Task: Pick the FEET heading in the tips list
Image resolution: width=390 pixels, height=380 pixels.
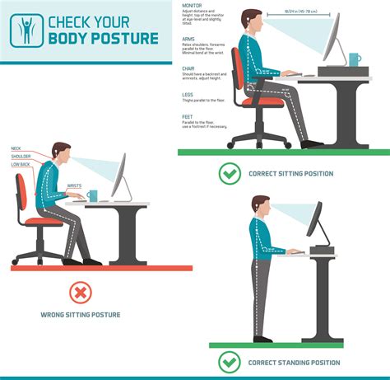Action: click(x=187, y=116)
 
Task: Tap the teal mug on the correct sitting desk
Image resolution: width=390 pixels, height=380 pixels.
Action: click(x=354, y=60)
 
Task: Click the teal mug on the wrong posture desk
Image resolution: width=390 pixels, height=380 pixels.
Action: click(x=93, y=196)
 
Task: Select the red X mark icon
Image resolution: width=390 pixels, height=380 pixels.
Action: click(x=79, y=292)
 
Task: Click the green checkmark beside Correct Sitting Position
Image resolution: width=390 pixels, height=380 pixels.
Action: click(x=230, y=174)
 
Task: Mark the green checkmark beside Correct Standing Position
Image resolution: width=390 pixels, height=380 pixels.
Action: click(x=230, y=362)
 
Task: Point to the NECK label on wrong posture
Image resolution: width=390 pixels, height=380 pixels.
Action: click(x=16, y=148)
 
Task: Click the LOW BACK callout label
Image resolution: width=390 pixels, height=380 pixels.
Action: click(x=20, y=163)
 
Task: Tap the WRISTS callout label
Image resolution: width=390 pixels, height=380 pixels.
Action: click(x=74, y=185)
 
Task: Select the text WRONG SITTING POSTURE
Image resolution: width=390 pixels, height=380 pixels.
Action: click(x=79, y=314)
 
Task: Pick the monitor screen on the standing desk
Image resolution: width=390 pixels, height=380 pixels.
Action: click(x=314, y=219)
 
